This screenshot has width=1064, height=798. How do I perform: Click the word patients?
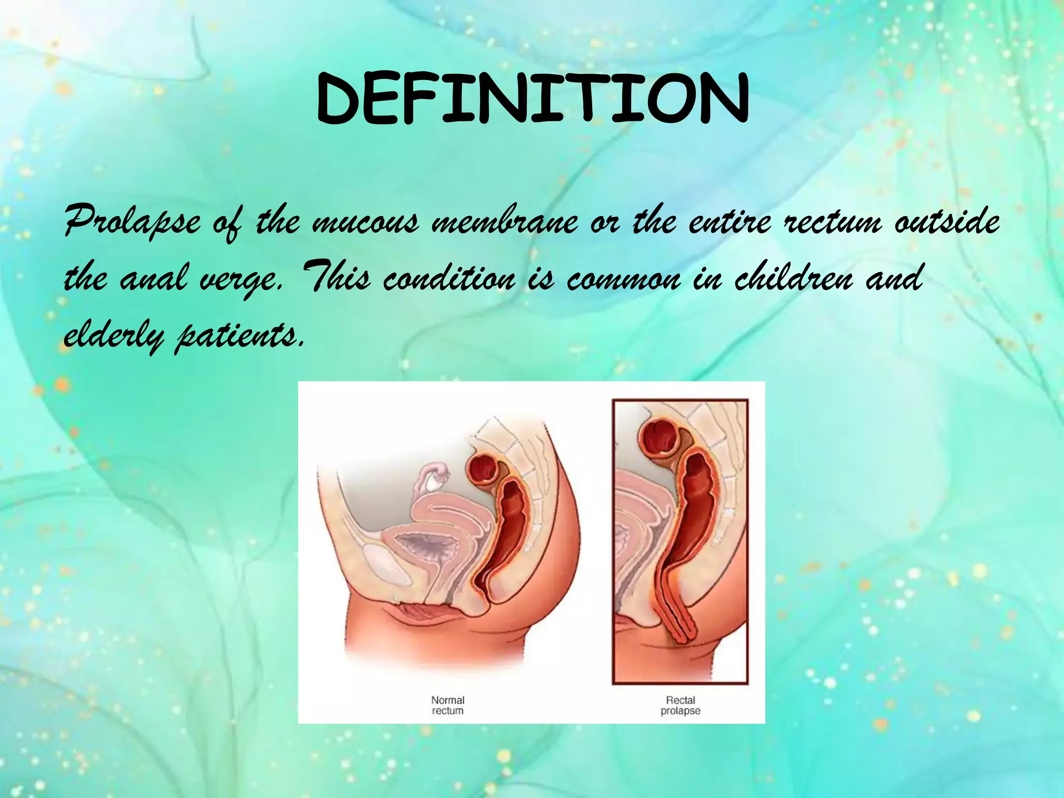click(x=239, y=337)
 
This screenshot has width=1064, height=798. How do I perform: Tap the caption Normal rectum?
click(x=447, y=705)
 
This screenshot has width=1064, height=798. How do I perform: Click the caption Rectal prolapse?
click(x=680, y=705)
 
